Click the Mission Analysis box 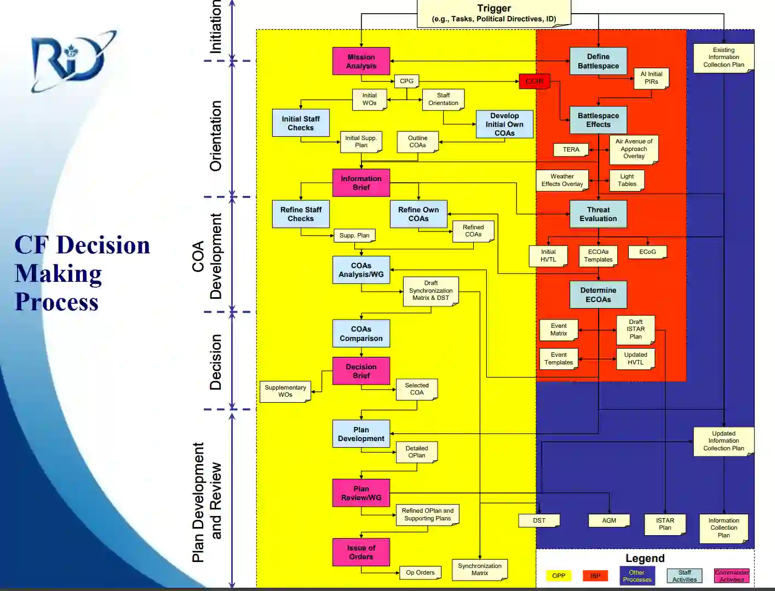pos(361,61)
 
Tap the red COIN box pos(534,81)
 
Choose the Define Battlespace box pos(598,61)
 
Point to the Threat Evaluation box pos(598,214)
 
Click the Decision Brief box pos(361,371)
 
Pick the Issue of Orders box pos(361,552)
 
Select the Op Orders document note pos(420,572)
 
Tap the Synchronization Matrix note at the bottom pos(479,570)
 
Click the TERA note pos(571,149)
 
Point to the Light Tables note pos(627,180)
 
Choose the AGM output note pos(608,520)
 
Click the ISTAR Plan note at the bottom pos(665,524)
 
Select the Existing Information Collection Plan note pos(724,57)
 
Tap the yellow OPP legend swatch pos(558,576)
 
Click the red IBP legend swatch pos(595,576)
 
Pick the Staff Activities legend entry pos(684,576)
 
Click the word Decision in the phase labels pos(216,362)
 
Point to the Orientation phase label pos(216,136)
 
